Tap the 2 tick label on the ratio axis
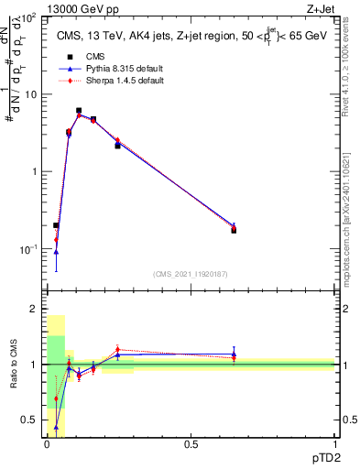coord(34,310)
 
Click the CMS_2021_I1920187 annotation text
coord(191,274)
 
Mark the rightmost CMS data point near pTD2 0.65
coord(234,230)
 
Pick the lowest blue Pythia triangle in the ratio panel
coord(57,427)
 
